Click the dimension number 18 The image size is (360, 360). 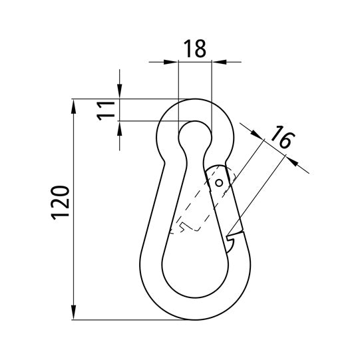click(195, 49)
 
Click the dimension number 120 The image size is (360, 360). click(60, 202)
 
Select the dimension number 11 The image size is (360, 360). click(106, 111)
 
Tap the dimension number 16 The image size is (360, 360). click(282, 136)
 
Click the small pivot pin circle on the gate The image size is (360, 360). click(219, 183)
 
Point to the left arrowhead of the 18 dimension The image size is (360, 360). click(171, 62)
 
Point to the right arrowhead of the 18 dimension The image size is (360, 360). click(219, 62)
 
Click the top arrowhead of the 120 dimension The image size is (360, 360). click(73, 106)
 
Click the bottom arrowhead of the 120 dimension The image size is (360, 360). click(73, 312)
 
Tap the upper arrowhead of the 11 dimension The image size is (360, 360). click(119, 91)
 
